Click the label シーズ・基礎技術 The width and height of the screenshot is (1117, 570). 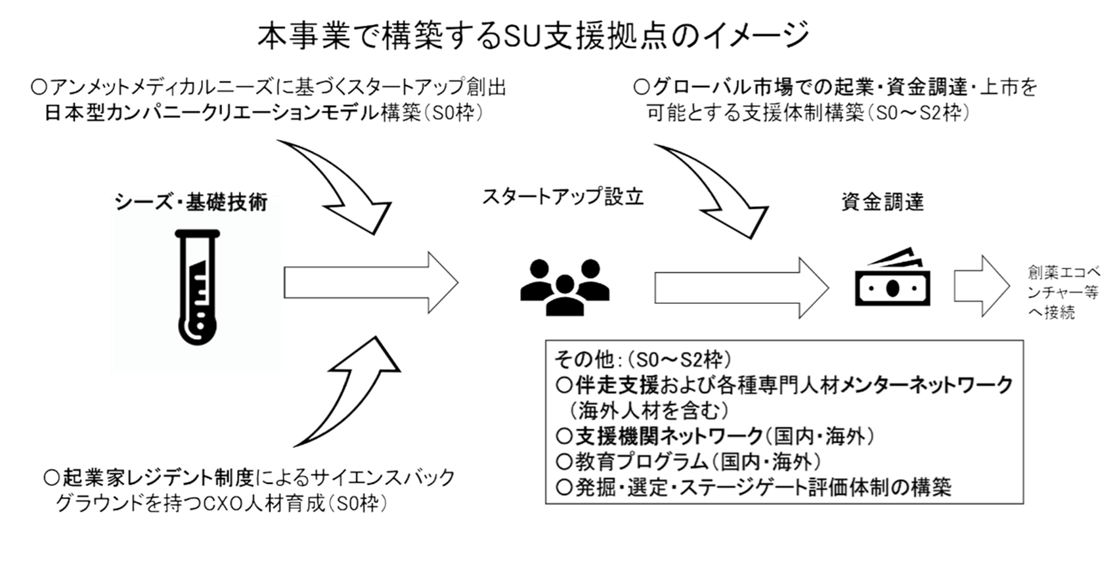[191, 202]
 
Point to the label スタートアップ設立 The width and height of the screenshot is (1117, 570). [563, 198]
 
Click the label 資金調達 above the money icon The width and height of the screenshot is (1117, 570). [883, 202]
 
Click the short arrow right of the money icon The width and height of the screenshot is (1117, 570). [982, 287]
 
